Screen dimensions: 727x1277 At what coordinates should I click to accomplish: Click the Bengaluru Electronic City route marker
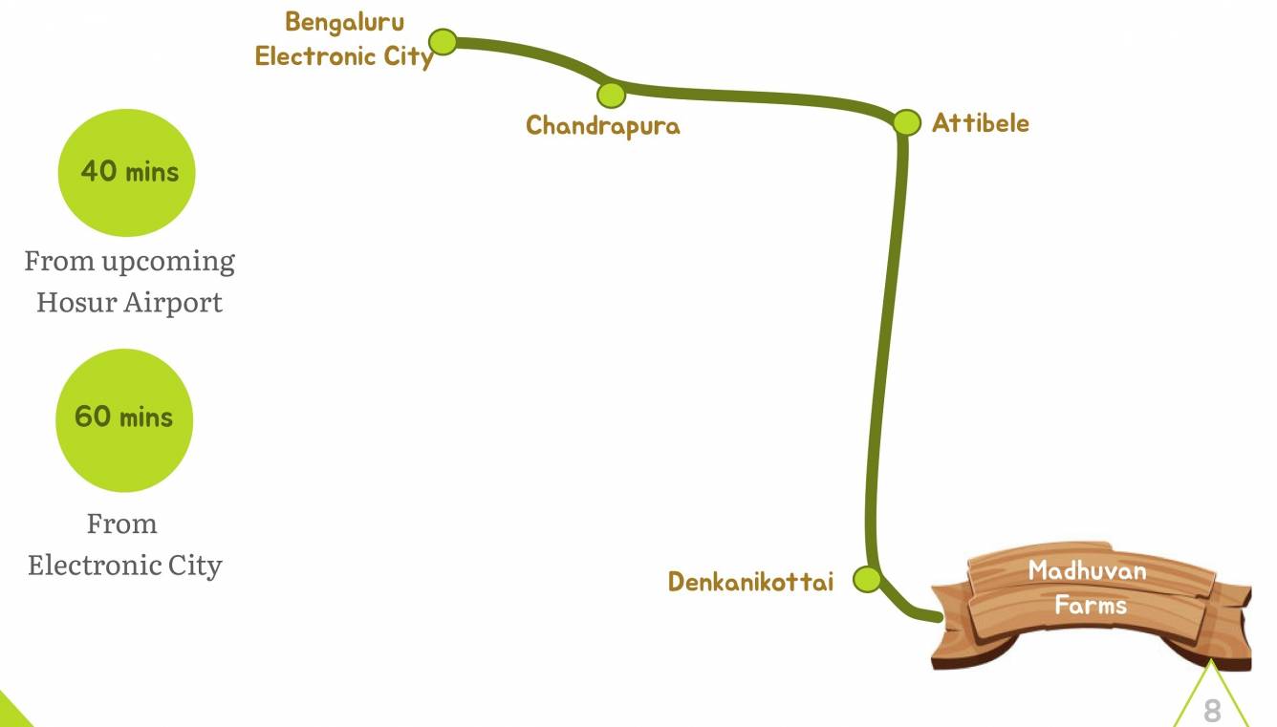(443, 41)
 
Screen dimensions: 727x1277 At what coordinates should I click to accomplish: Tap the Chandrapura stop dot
(611, 95)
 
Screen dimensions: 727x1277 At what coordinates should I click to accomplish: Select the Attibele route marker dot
(906, 122)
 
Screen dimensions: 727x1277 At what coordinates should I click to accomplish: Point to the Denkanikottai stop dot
(866, 579)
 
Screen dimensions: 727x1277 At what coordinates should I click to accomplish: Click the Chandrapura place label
(603, 125)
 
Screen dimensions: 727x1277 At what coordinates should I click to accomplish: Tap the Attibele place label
(981, 123)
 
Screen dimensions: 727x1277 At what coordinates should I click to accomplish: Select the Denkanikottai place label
(750, 582)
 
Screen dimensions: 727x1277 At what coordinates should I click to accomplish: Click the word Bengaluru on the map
(344, 22)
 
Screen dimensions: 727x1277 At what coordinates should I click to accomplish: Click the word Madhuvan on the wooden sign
(1087, 571)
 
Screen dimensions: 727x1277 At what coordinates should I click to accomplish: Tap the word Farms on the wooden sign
(1091, 605)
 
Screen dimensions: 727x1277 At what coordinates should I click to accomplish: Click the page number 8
(1212, 711)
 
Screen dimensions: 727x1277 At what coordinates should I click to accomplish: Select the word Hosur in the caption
(67, 303)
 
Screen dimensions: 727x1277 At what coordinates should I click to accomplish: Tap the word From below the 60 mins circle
(121, 524)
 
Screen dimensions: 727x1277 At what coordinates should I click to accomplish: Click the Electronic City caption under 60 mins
(125, 565)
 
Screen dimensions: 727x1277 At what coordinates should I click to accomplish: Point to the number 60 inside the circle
(93, 417)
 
